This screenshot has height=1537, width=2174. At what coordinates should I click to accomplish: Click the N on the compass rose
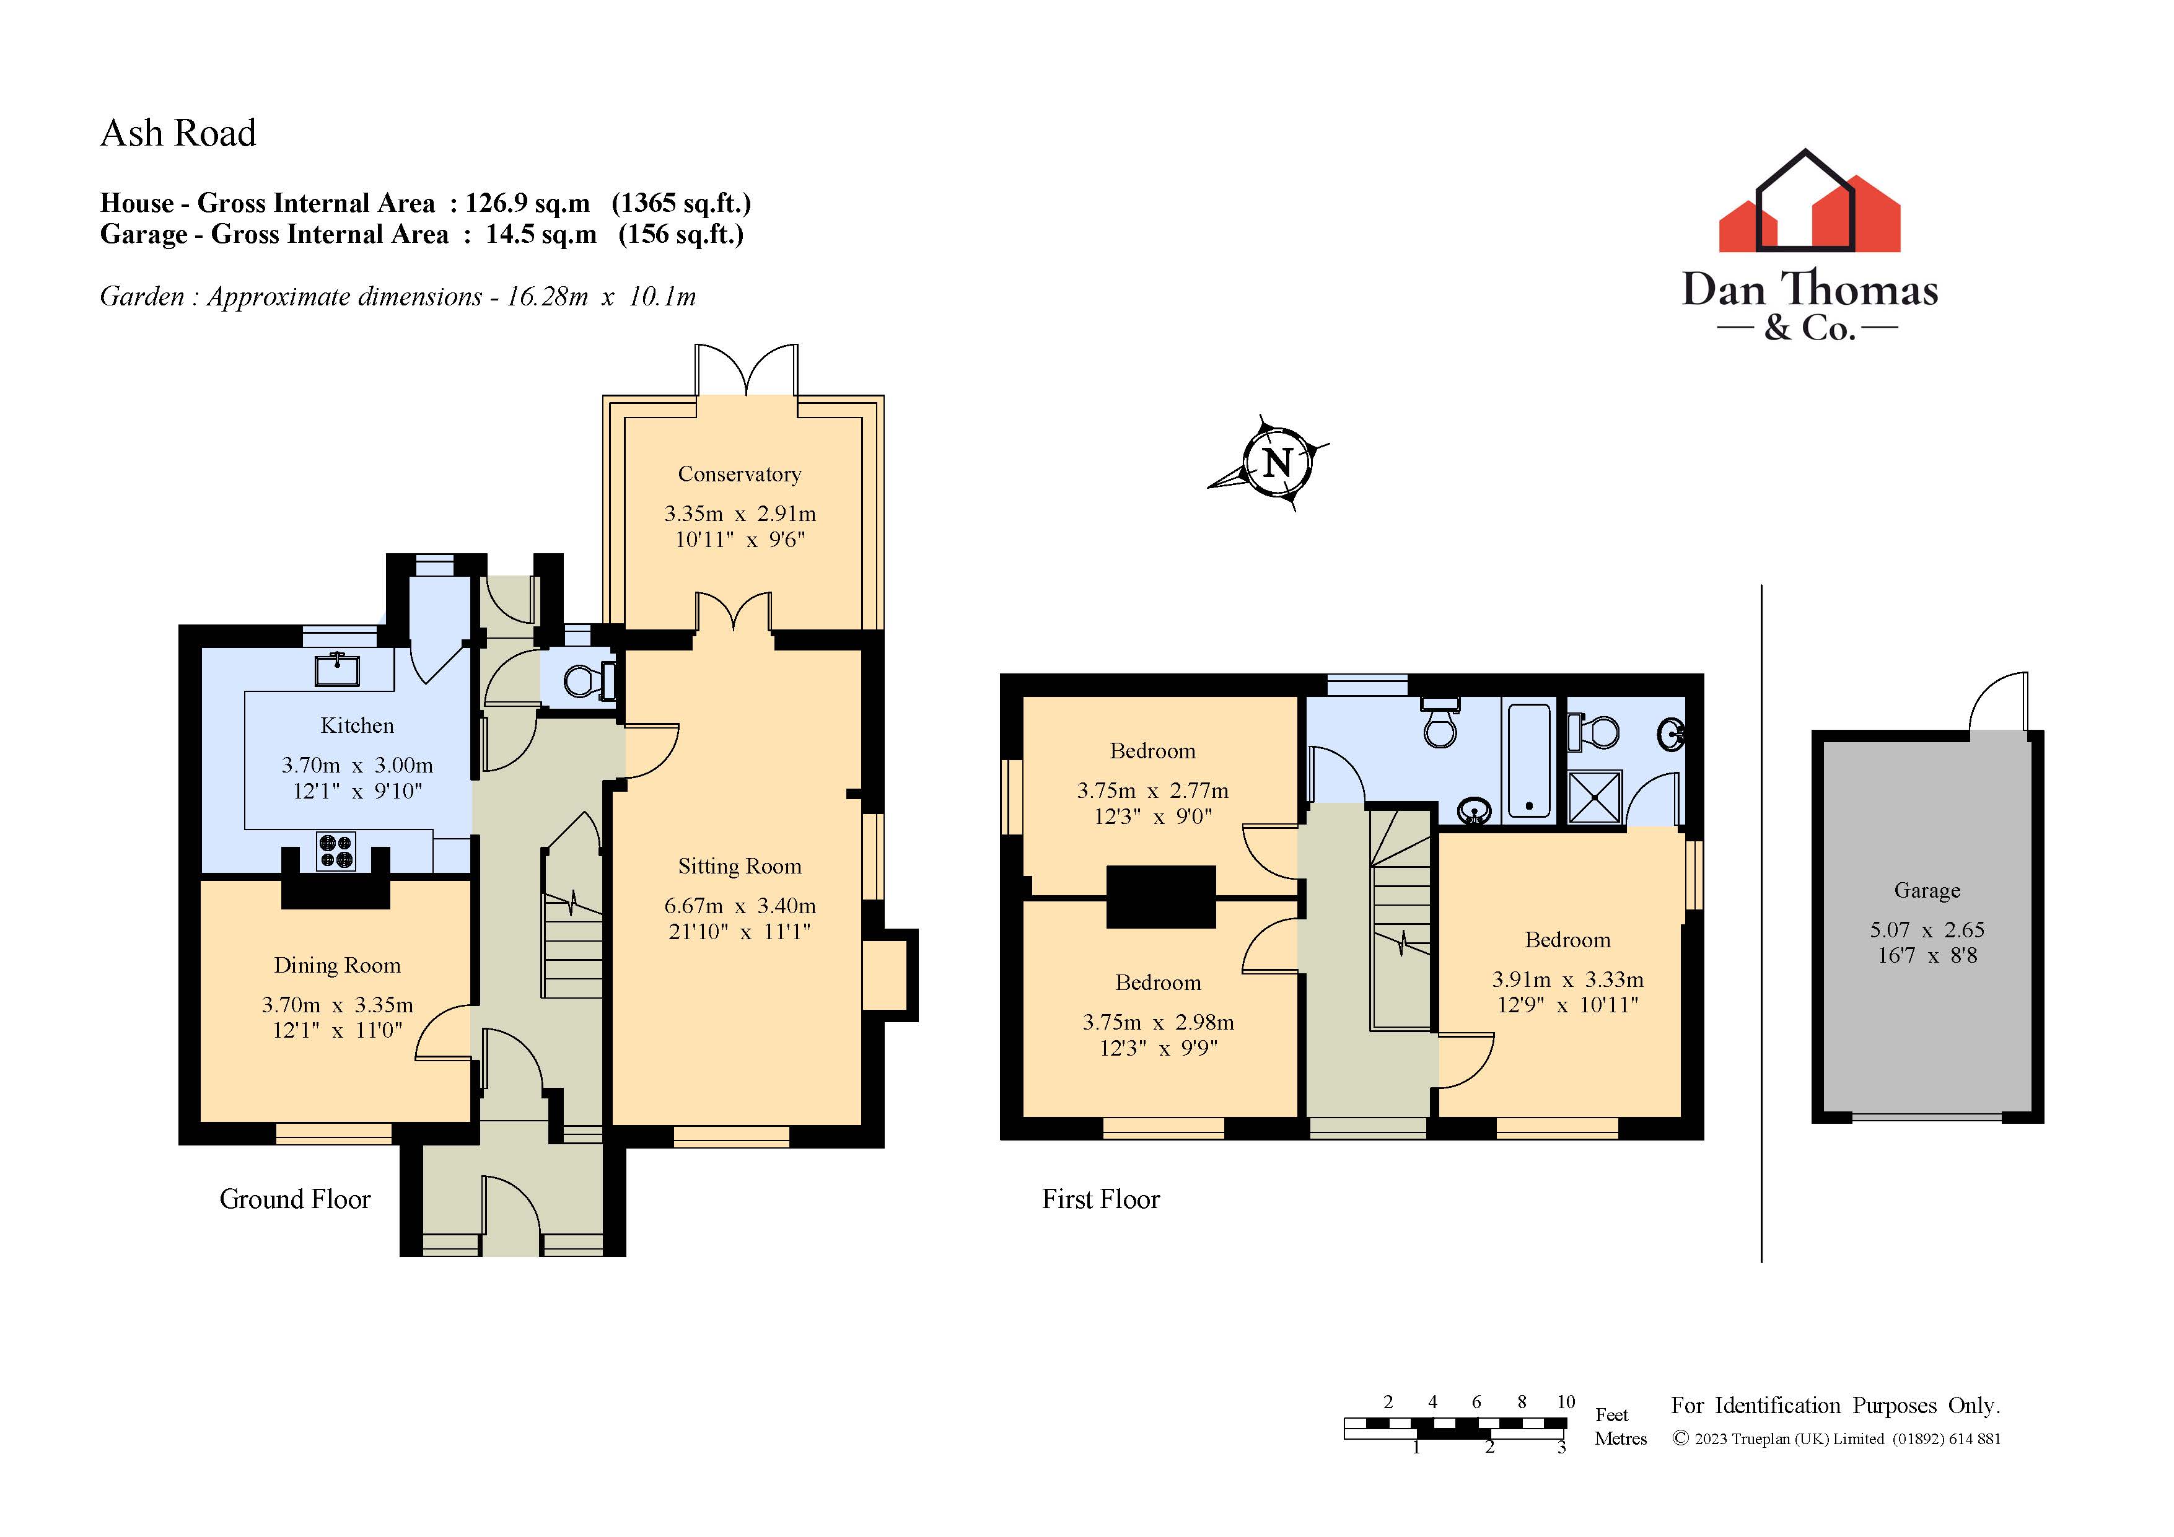click(1278, 463)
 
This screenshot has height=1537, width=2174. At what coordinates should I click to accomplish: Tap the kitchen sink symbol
click(337, 670)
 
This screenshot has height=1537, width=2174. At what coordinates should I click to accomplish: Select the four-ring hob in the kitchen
click(335, 851)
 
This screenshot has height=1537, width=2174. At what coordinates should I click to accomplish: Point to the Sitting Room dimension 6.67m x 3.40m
click(740, 906)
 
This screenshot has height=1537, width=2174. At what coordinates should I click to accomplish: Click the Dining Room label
click(337, 965)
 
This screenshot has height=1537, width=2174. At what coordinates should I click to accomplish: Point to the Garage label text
click(1926, 890)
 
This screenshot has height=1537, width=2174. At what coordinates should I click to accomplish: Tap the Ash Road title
click(178, 134)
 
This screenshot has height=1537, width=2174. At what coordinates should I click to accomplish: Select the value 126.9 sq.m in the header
click(527, 204)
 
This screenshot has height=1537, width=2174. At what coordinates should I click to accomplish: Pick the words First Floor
click(1100, 1200)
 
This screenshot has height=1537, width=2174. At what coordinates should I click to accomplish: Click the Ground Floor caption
click(294, 1200)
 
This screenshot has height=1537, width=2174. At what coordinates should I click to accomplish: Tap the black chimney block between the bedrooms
click(1161, 896)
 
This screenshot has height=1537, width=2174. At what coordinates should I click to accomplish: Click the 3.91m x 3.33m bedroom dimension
click(1567, 979)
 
